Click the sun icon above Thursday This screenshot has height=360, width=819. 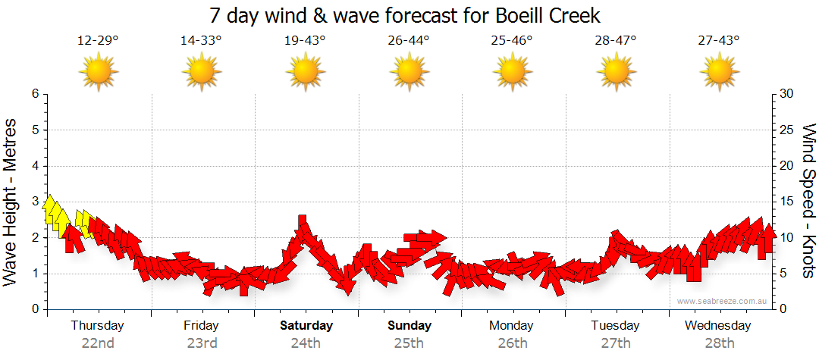[99, 72]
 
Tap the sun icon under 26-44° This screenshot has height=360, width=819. [409, 72]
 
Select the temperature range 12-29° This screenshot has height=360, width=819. [98, 41]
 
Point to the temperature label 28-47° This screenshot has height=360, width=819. [615, 41]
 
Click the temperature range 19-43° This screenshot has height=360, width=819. [305, 41]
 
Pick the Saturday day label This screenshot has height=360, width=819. [306, 326]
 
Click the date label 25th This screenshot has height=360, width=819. [409, 343]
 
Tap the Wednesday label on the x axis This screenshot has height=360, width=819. [717, 326]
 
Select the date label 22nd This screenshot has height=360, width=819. [98, 343]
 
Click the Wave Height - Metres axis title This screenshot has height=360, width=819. [12, 202]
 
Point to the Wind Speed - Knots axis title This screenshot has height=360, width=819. [808, 202]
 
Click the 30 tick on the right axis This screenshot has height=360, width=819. [787, 94]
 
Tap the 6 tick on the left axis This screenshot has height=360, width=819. [34, 94]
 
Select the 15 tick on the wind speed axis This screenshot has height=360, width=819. [787, 202]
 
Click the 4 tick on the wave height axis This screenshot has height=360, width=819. [34, 166]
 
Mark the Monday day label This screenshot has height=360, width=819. [512, 326]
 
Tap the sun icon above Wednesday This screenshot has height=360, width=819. [719, 72]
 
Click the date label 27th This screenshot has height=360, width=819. [616, 343]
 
